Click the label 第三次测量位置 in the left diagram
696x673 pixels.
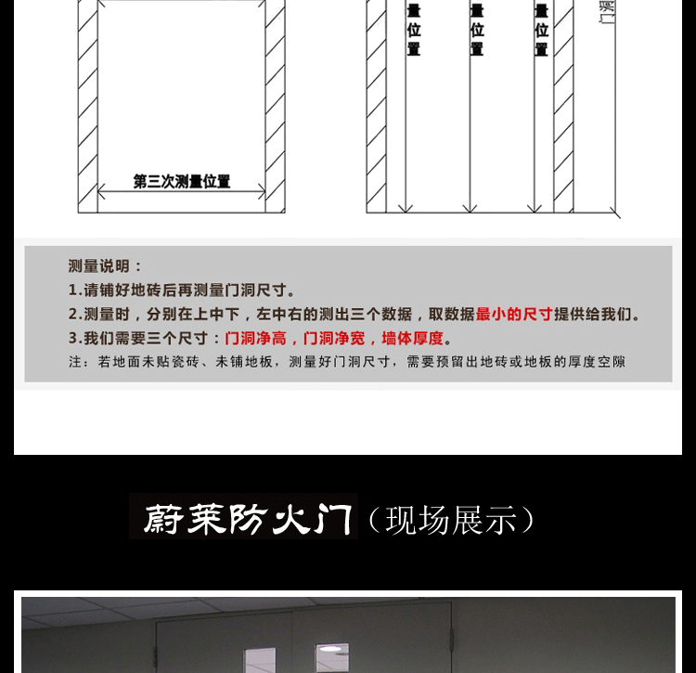pos(182,182)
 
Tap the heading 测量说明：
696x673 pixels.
pos(107,266)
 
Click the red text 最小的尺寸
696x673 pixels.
pos(514,315)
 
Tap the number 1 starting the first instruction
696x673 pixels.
pos(73,291)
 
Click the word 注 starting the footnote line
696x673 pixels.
pos(75,362)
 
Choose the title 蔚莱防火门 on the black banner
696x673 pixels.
pos(243,517)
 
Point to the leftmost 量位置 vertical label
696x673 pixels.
pos(414,29)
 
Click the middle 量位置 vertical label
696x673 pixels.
pos(477,29)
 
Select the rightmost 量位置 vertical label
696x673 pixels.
pos(541,29)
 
